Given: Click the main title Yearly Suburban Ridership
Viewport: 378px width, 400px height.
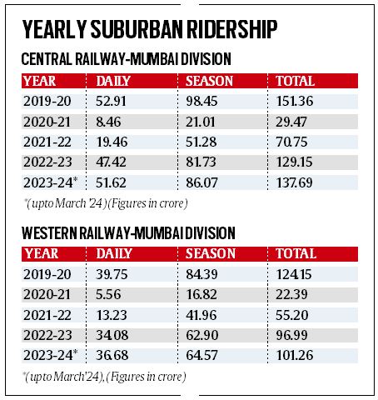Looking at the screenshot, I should tap(150, 30).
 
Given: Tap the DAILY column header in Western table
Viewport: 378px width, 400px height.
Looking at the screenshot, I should tap(117, 253).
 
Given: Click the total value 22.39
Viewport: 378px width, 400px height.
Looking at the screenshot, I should tap(291, 294).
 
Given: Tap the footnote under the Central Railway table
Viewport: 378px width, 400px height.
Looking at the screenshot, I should tap(104, 203).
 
